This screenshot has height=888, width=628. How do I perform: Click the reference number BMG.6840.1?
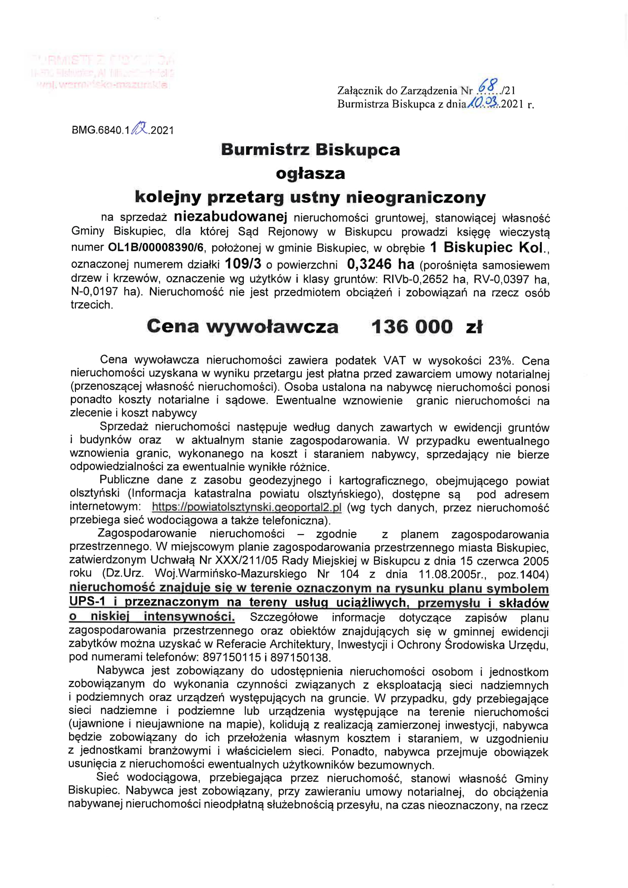[101, 130]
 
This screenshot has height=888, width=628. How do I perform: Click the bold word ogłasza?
[310, 173]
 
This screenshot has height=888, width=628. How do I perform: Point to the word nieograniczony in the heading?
[416, 198]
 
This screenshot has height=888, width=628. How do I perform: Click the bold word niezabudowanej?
[230, 216]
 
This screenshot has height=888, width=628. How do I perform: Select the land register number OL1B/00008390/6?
[155, 247]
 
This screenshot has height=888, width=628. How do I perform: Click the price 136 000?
[412, 326]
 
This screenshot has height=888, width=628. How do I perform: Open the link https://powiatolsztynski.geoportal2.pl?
[247, 507]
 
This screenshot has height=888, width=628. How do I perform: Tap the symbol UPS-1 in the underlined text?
[87, 601]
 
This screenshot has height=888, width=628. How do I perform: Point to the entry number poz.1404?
[523, 574]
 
